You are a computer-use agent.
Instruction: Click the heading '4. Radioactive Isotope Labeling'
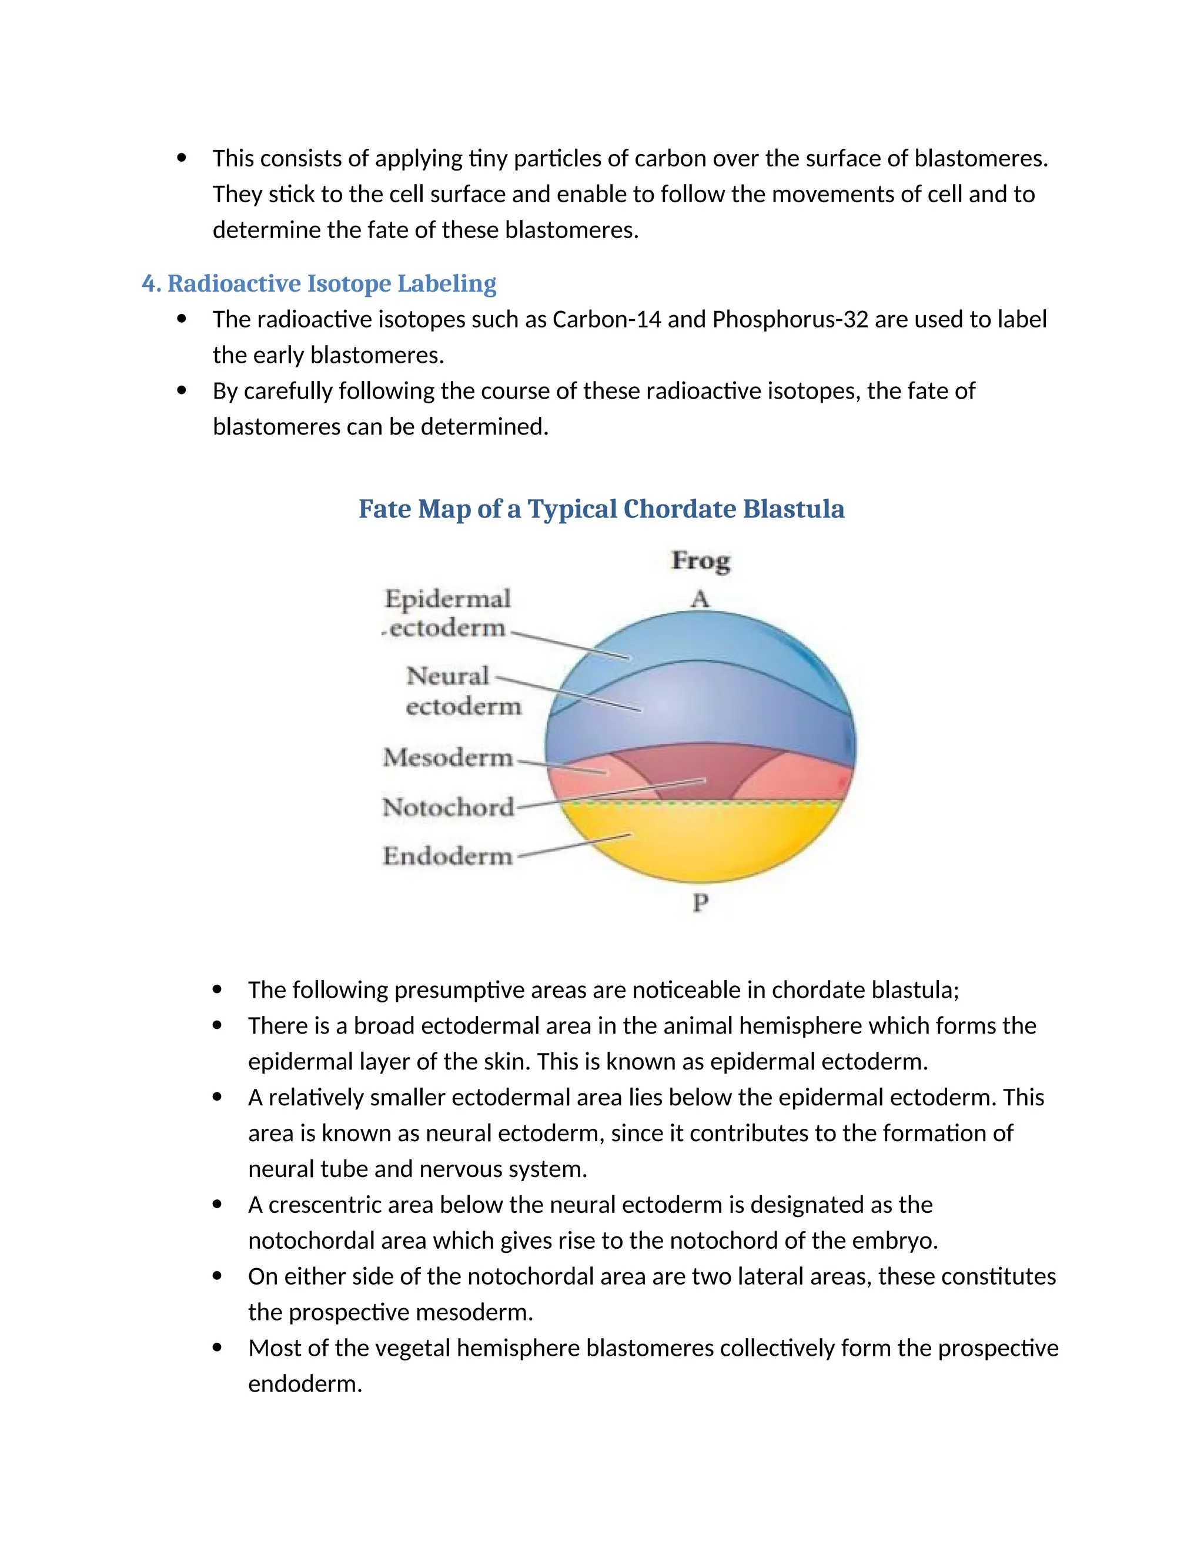319,283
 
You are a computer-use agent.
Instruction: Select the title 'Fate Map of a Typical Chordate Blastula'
601,509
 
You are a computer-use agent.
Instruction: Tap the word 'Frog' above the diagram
700,561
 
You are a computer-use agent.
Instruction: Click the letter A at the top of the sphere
700,599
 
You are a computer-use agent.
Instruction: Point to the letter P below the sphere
700,902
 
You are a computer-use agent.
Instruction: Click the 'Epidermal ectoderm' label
447,613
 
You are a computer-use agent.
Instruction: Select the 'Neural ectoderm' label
463,691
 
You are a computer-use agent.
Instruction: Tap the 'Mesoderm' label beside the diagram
448,758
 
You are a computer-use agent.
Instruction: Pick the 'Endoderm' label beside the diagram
447,855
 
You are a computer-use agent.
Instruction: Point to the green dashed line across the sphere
749,803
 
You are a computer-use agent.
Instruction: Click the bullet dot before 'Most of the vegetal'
218,1348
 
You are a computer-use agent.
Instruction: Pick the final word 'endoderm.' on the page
305,1384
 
